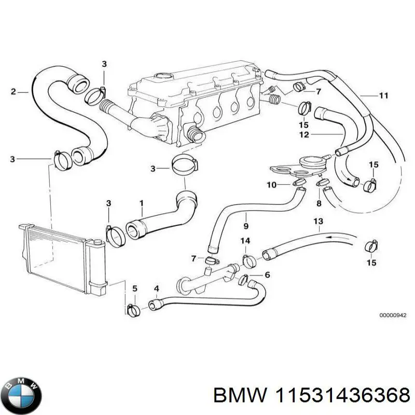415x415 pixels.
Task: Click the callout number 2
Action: pos(13,92)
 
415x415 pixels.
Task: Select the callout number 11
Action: pos(383,95)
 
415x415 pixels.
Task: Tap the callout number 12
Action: pos(304,135)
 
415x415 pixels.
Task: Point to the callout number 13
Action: pos(318,222)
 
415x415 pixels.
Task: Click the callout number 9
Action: pos(246,227)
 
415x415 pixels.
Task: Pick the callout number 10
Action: pos(271,185)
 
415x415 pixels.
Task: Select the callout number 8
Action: pos(319,204)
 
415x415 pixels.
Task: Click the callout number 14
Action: pos(246,241)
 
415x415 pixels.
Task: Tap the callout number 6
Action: pos(267,275)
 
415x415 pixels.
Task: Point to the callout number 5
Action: pos(134,288)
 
